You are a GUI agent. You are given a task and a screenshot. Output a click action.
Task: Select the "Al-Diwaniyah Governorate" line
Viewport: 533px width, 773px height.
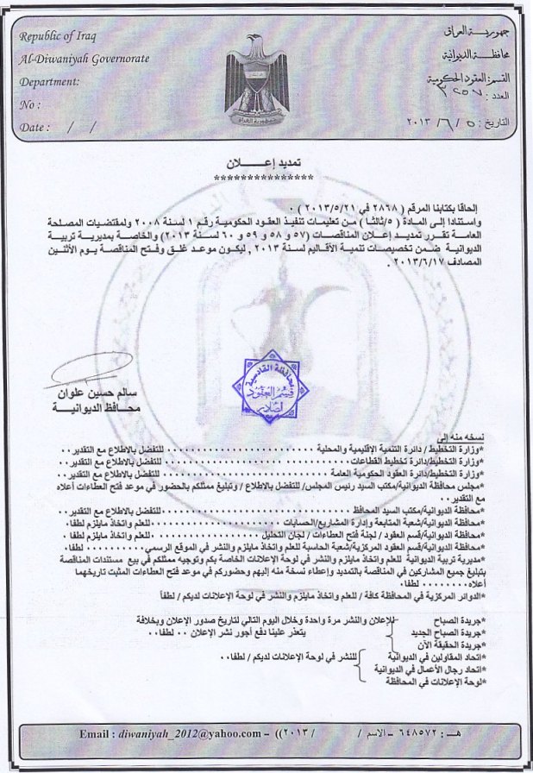(x=84, y=59)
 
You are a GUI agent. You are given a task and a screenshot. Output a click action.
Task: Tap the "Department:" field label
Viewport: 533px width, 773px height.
(x=48, y=82)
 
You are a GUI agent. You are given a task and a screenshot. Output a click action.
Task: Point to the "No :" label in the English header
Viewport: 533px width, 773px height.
(x=29, y=104)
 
